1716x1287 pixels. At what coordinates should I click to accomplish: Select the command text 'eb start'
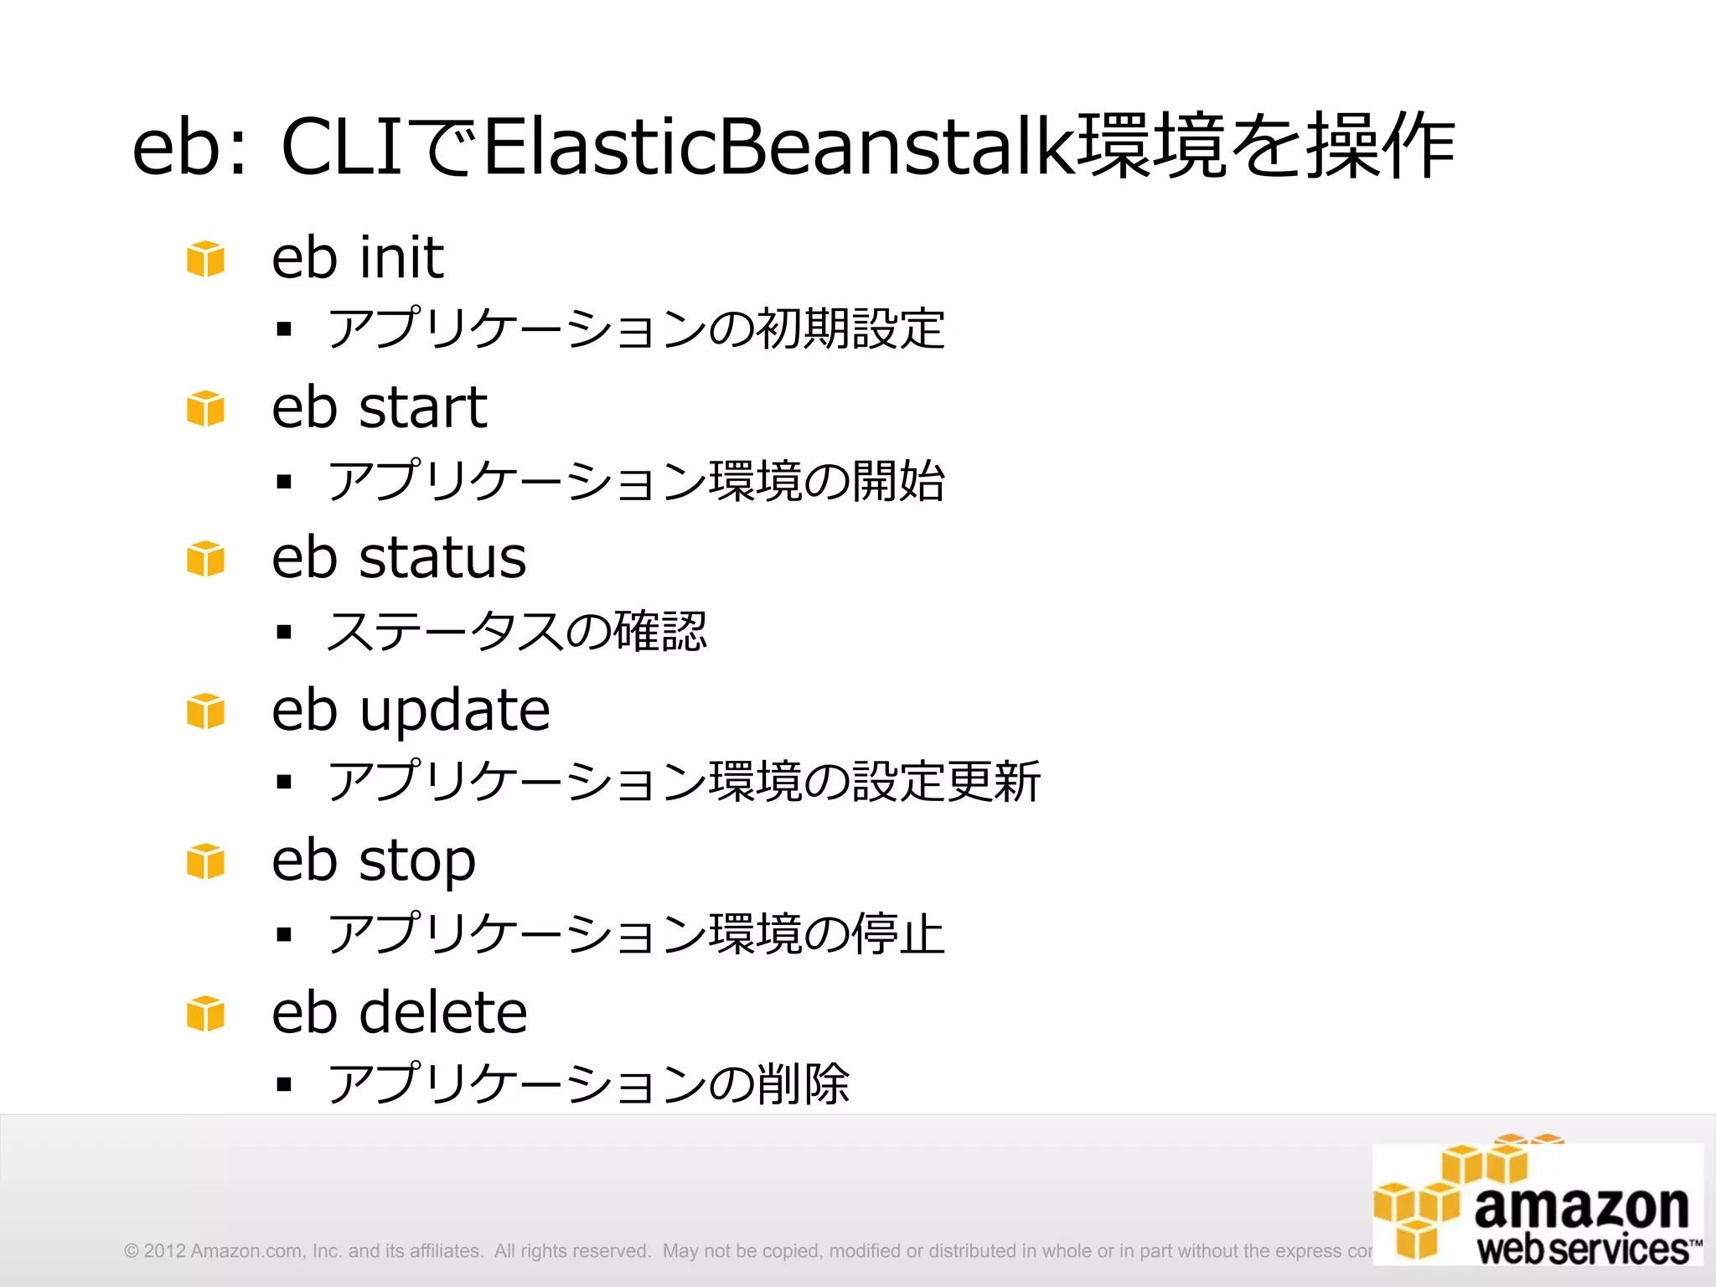pos(379,408)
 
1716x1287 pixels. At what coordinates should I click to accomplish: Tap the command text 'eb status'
pos(399,558)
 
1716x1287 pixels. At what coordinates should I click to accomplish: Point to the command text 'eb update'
pos(411,711)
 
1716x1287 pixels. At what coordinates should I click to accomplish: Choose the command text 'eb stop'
pos(374,861)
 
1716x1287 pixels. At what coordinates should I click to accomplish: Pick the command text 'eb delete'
pos(400,1012)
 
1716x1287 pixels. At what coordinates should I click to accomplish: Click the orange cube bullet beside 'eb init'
pos(205,258)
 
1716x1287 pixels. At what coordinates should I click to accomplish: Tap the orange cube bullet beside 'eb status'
pos(205,559)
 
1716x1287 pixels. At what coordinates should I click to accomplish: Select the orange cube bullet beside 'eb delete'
pos(205,1013)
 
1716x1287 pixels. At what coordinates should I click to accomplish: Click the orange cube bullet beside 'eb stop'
pos(205,861)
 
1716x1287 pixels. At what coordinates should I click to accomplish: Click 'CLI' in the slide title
pos(344,147)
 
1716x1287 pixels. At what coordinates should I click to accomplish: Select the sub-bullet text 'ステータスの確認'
pos(517,631)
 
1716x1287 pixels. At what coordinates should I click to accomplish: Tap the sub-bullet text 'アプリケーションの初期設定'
pos(636,328)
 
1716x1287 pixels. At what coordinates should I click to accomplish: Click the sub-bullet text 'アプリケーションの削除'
pos(588,1084)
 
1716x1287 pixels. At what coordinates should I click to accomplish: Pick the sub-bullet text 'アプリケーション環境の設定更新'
pos(684,782)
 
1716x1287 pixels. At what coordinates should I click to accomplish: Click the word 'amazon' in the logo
pos(1582,1208)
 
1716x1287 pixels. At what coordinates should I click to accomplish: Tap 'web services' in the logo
pos(1584,1249)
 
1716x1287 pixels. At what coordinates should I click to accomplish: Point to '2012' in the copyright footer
pos(164,1251)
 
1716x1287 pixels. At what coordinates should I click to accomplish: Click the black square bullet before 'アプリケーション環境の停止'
pos(284,933)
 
